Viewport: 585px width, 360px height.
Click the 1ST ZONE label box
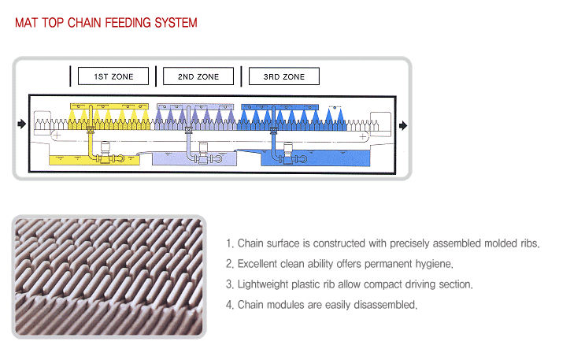(113, 76)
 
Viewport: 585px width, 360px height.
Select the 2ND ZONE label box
(198, 76)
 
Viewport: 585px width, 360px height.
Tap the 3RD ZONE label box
(284, 76)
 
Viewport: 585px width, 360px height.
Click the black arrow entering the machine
(22, 124)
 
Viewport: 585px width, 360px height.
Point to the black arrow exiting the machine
(403, 125)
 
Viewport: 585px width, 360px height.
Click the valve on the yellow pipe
(91, 130)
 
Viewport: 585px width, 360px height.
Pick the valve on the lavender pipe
(189, 130)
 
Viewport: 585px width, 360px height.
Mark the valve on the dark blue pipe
(274, 130)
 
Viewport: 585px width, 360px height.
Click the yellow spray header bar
(109, 106)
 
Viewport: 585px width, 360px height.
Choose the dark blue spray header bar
(280, 107)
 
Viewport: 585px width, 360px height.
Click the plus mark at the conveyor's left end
(57, 135)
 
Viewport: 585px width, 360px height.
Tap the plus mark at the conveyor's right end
(362, 137)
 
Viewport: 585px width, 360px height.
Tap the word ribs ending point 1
(530, 243)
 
